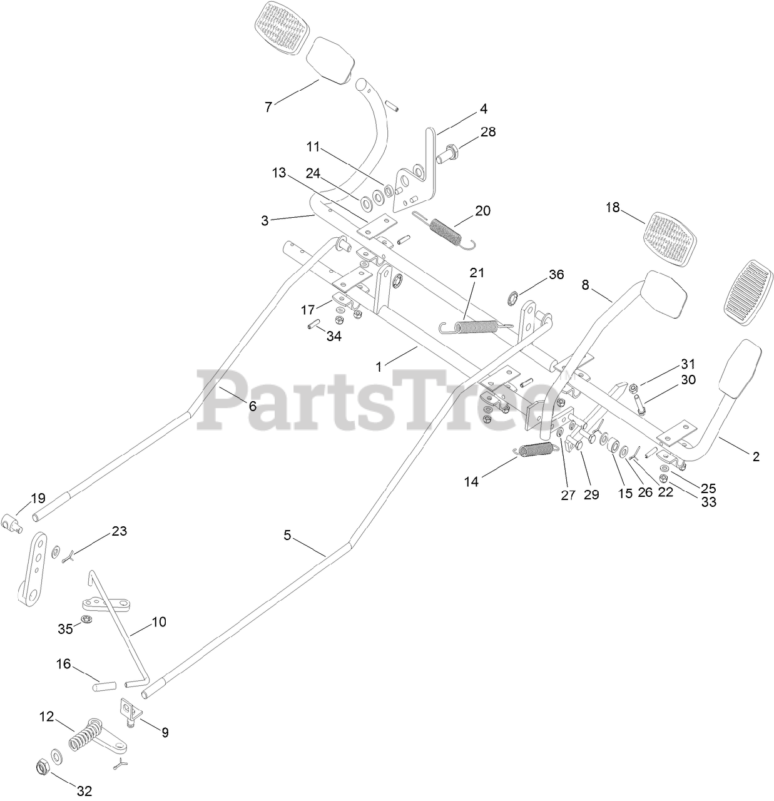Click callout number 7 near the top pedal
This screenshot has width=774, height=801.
point(268,107)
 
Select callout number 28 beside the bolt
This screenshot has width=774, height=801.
point(488,132)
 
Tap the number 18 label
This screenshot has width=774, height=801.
point(613,208)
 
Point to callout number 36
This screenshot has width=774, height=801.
point(556,275)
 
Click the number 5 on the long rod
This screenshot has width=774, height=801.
point(288,535)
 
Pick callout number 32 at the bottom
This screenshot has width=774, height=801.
point(84,791)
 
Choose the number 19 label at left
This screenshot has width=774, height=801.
point(38,498)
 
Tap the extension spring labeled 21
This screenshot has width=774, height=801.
point(476,326)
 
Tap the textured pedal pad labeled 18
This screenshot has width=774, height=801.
point(670,236)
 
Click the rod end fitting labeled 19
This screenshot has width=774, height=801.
point(14,521)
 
